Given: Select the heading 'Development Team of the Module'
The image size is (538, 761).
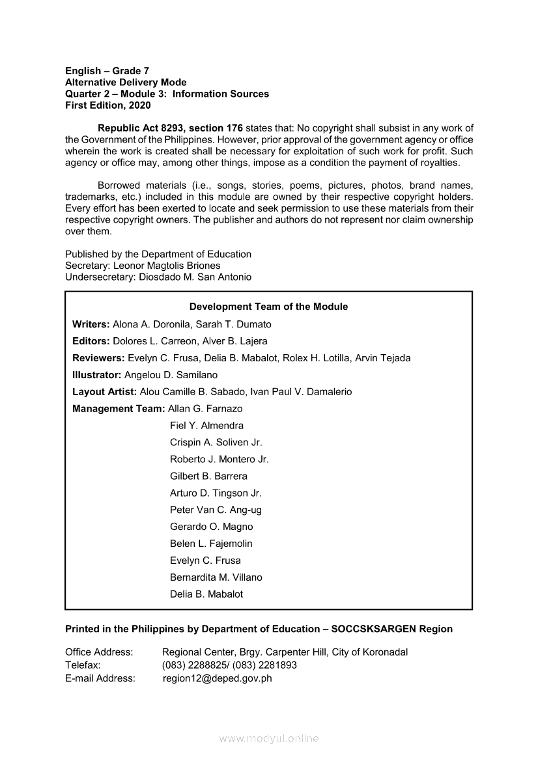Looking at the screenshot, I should (x=268, y=307).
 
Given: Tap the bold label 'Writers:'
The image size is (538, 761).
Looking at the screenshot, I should (x=91, y=324).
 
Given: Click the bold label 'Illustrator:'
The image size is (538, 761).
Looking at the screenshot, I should (x=97, y=375).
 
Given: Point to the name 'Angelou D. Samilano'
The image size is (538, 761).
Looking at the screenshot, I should (x=171, y=375).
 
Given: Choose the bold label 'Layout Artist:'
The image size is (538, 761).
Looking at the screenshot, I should (x=104, y=392).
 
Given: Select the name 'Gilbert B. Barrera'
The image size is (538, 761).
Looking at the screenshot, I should (x=208, y=476).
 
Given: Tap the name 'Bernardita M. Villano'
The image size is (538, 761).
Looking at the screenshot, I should (x=216, y=577).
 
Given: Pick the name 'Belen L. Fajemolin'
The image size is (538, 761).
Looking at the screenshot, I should (x=211, y=544).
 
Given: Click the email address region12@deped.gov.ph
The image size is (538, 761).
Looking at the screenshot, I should (x=218, y=678).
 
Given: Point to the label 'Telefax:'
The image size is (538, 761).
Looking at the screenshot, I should (x=83, y=665).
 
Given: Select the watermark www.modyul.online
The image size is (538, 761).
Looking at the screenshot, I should (x=269, y=739).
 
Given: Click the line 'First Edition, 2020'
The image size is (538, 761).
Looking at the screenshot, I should (x=107, y=105).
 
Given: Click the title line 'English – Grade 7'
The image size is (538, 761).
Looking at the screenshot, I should (x=107, y=70).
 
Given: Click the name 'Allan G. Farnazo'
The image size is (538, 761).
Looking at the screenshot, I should (x=205, y=409).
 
